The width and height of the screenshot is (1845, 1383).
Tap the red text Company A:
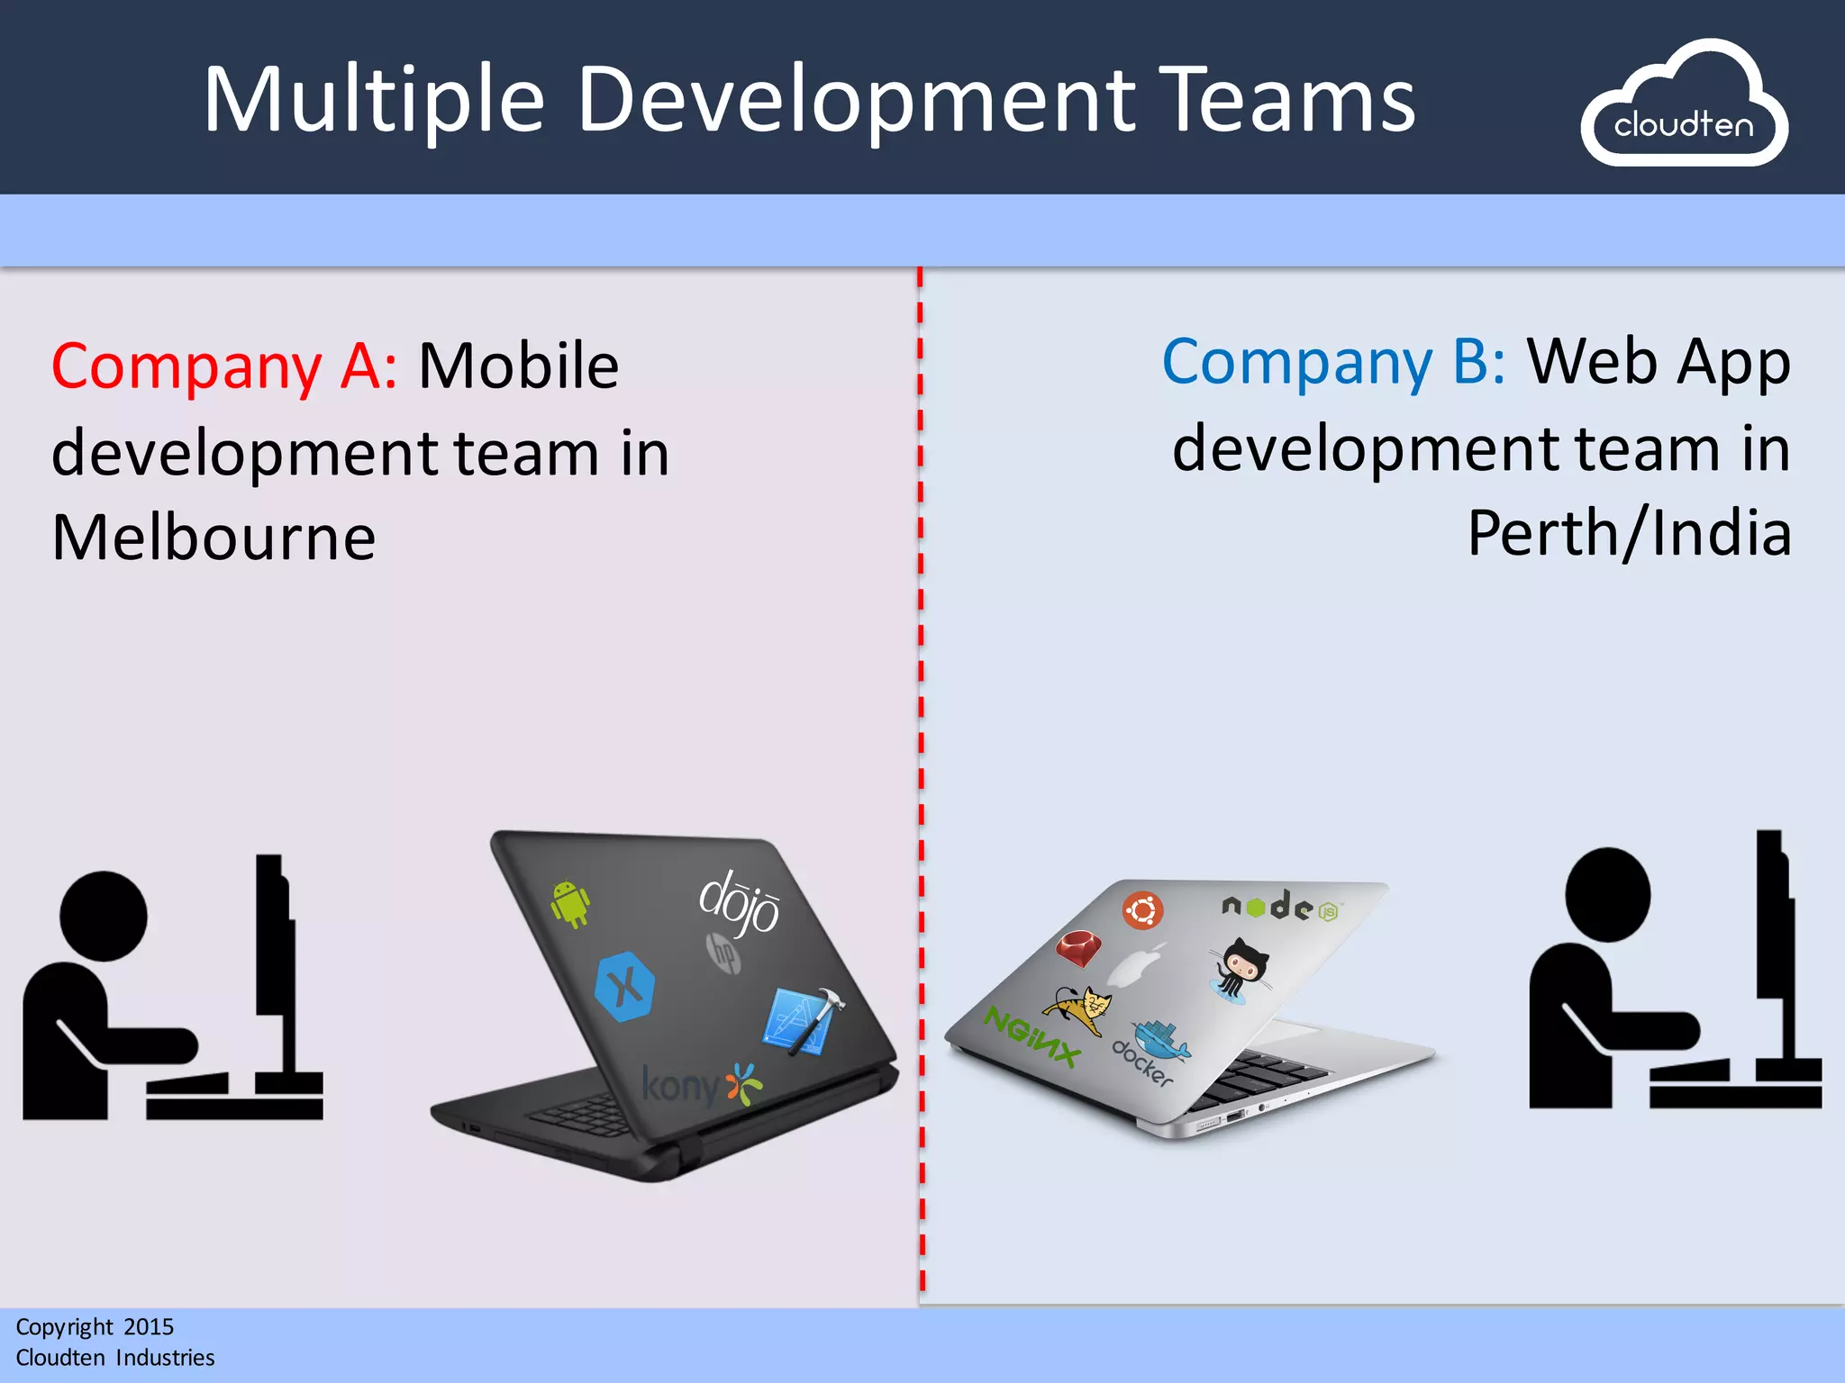pyautogui.click(x=223, y=366)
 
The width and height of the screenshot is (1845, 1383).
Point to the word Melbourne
pyautogui.click(x=214, y=538)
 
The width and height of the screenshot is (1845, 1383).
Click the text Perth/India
pyautogui.click(x=1629, y=534)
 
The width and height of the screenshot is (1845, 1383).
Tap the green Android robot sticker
pyautogui.click(x=570, y=903)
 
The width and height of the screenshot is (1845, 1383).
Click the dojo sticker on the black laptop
pyautogui.click(x=739, y=902)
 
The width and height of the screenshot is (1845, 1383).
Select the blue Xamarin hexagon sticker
pyautogui.click(x=624, y=987)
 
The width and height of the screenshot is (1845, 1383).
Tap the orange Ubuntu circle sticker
pyautogui.click(x=1142, y=910)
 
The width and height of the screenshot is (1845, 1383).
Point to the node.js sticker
pyautogui.click(x=1280, y=906)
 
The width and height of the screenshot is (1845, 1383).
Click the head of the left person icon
pyautogui.click(x=103, y=915)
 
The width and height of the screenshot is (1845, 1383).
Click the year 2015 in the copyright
pyautogui.click(x=149, y=1326)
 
